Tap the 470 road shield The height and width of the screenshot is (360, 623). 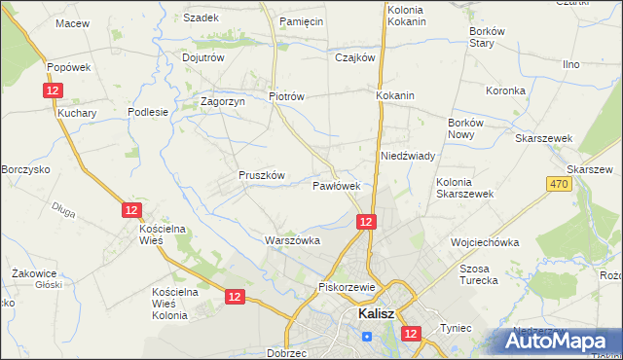(x=558, y=184)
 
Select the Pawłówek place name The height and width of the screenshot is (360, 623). (x=337, y=185)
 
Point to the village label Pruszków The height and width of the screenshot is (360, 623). (x=261, y=175)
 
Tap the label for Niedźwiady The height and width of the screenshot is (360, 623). (x=407, y=156)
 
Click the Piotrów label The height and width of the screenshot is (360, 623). (x=287, y=97)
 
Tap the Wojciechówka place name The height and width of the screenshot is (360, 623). (x=484, y=242)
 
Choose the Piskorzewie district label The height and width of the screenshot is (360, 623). (x=347, y=288)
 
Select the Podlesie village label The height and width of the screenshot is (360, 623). (x=149, y=112)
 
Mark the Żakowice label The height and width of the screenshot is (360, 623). (x=33, y=273)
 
